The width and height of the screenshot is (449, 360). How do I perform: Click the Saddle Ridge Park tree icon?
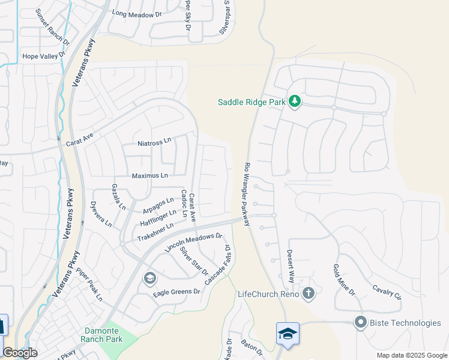tap(294, 101)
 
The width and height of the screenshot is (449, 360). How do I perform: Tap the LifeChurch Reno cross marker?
tap(309, 293)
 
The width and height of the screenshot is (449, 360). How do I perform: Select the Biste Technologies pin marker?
tap(360, 323)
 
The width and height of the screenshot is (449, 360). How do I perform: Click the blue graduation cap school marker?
tap(288, 334)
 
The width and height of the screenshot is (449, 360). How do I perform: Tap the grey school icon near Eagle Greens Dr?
tap(149, 278)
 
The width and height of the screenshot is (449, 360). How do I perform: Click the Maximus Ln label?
tap(150, 176)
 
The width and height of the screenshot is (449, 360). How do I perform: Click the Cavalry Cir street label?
tap(387, 291)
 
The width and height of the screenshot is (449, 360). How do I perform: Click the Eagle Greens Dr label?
tap(176, 292)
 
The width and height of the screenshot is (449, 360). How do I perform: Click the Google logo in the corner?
tap(20, 353)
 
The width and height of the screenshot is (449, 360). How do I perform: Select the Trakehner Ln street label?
tap(155, 231)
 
